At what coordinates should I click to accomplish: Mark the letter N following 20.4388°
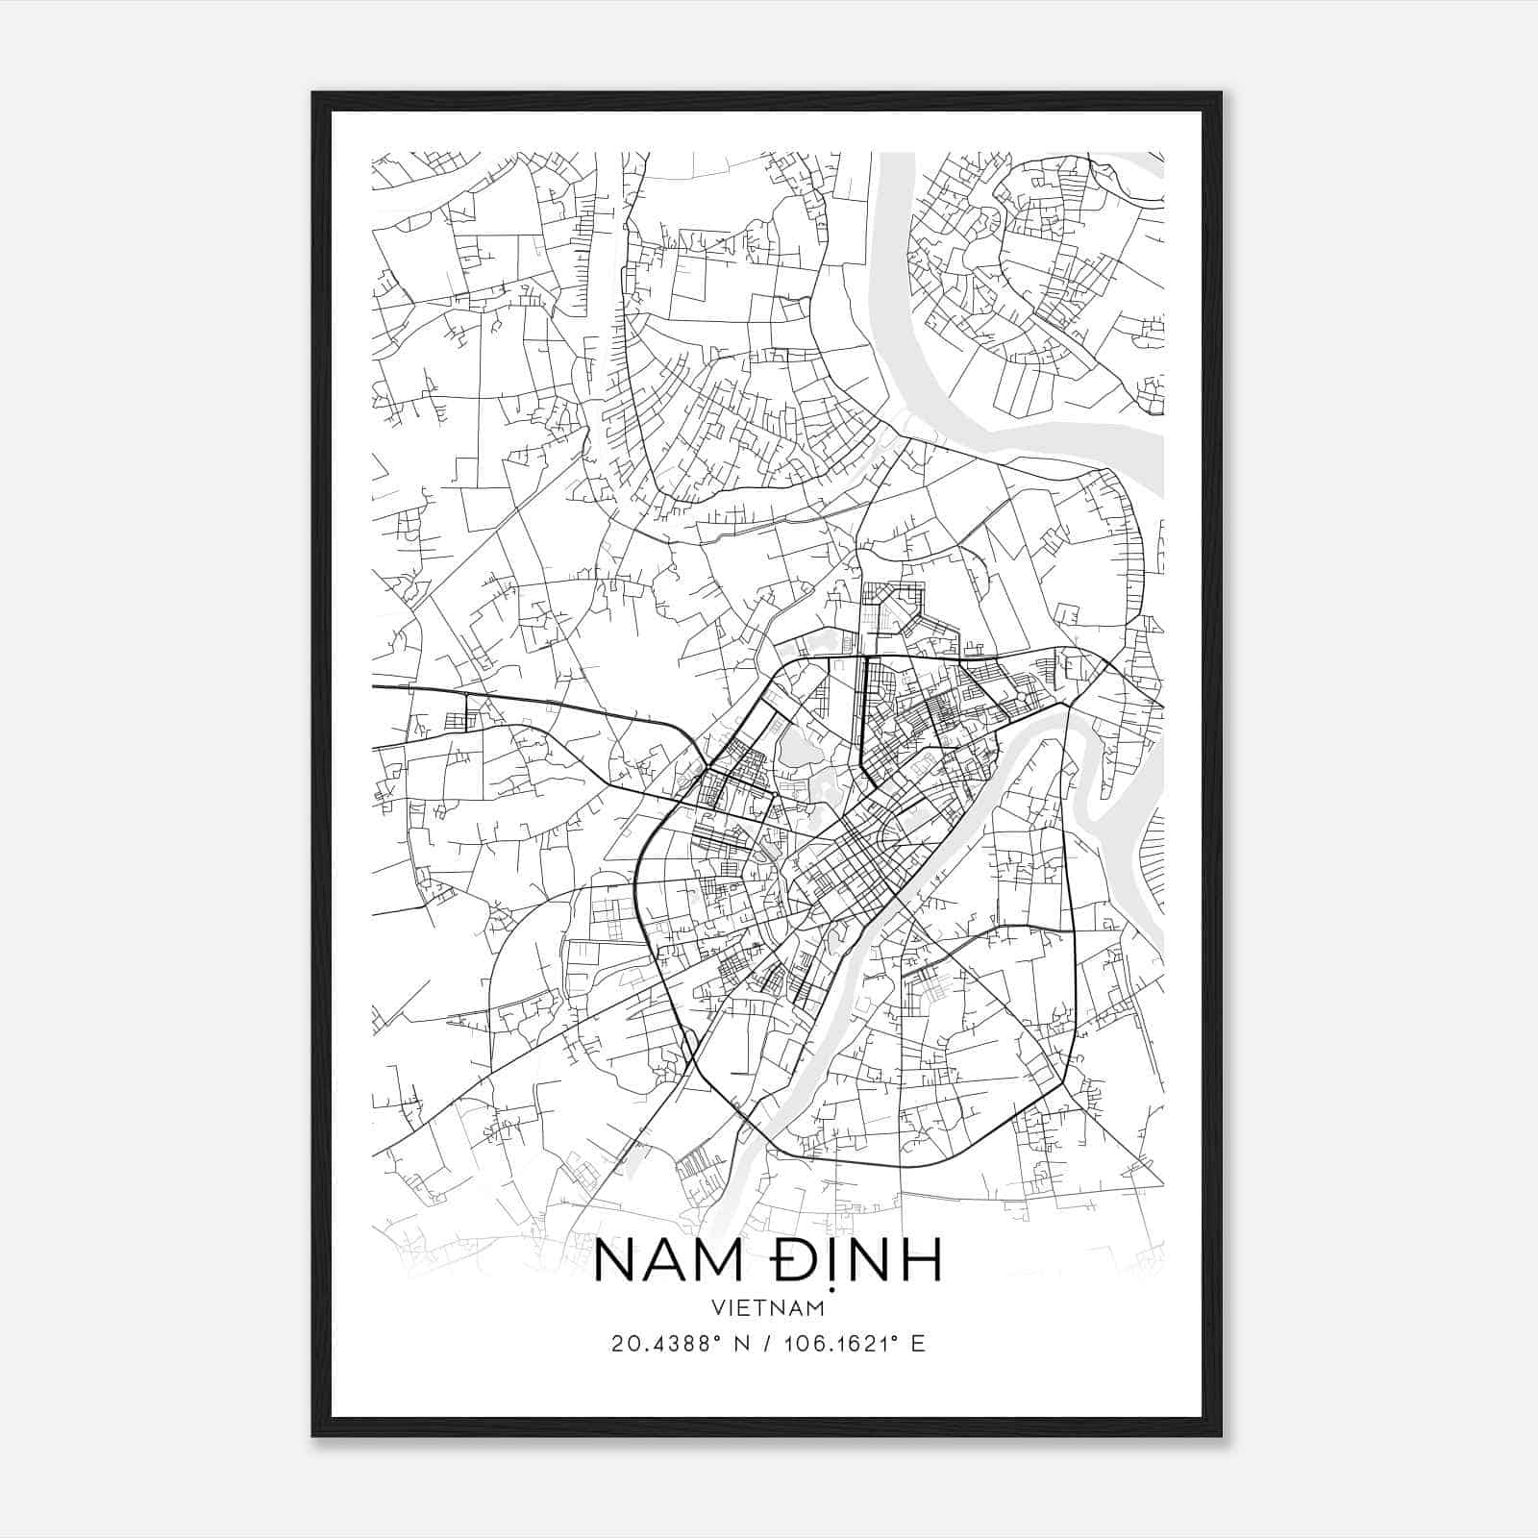pyautogui.click(x=741, y=1344)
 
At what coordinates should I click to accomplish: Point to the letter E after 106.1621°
pyautogui.click(x=918, y=1344)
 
